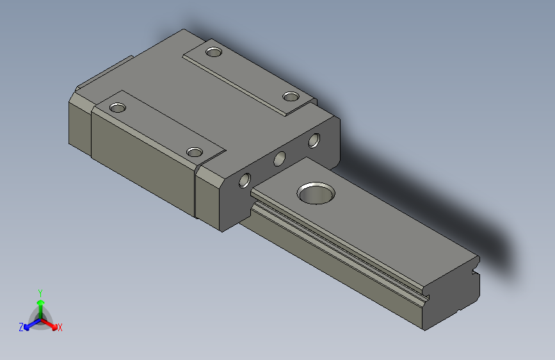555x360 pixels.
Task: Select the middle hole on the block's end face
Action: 280,159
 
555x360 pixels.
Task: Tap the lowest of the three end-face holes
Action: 245,181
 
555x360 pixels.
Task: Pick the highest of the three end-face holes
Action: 314,139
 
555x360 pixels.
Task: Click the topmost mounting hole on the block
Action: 213,51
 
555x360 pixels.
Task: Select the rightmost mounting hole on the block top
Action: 291,97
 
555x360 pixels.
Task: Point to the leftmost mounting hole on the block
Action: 118,108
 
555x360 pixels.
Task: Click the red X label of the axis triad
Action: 60,327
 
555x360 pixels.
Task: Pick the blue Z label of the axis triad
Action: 20,327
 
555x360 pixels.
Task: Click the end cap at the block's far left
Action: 80,122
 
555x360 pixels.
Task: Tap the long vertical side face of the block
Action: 141,167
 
